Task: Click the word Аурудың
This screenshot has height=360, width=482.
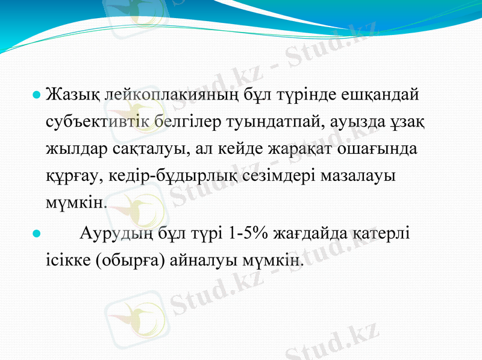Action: click(119, 232)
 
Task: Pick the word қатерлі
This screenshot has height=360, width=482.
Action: click(383, 232)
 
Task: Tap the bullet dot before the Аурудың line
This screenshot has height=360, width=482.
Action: click(36, 232)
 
